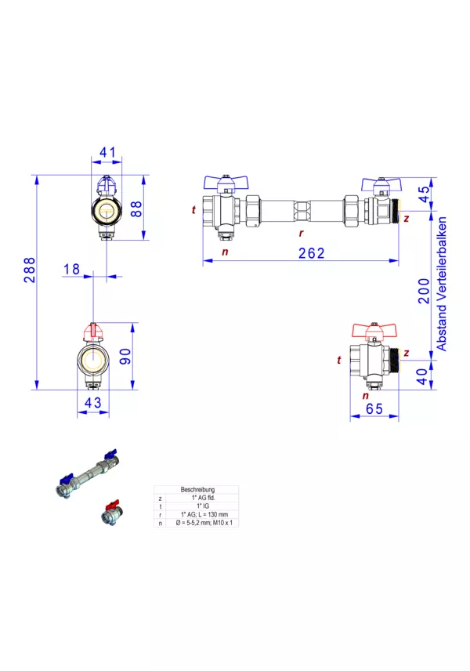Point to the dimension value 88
pos(135,209)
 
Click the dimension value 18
pos(71,269)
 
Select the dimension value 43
pos(93,402)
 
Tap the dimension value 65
pos(373,408)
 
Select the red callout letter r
pos(300,233)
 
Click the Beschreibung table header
pos(197,489)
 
